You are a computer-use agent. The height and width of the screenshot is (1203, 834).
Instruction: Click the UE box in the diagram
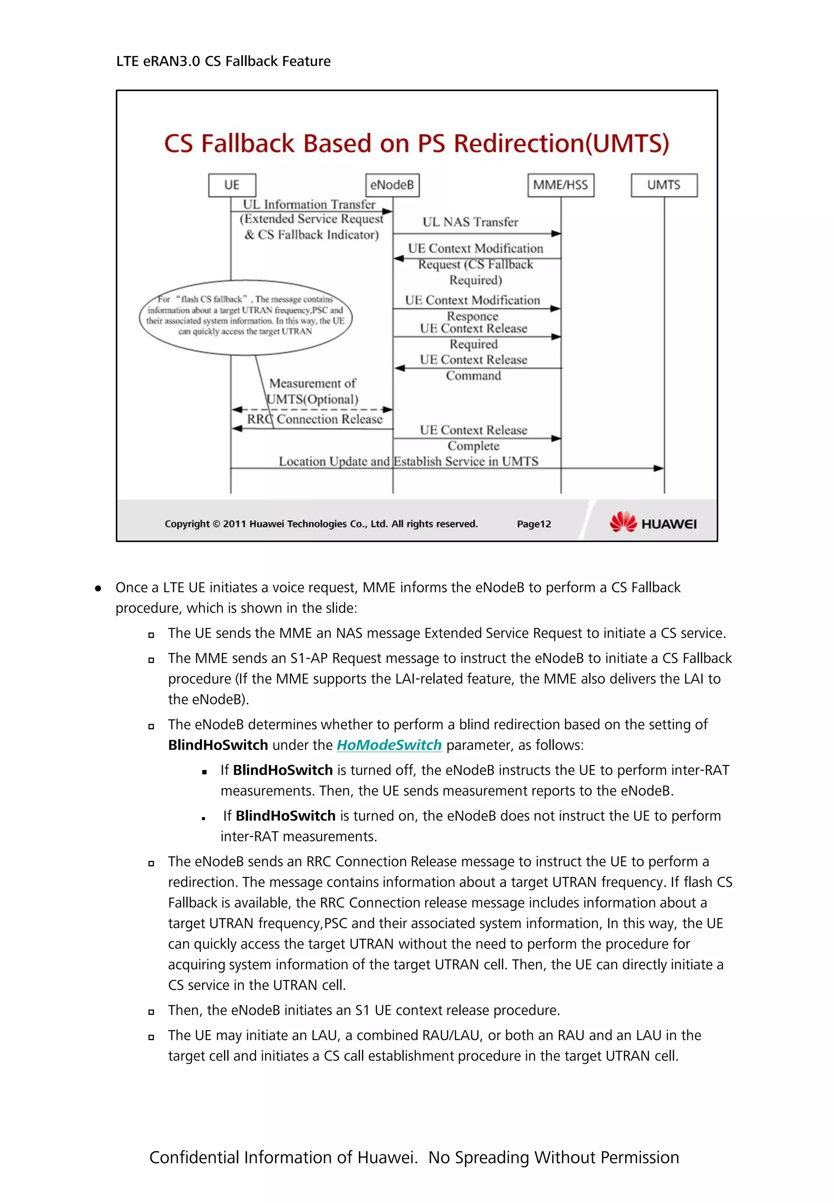[232, 185]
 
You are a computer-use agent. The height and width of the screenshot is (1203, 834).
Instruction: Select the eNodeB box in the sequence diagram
[392, 185]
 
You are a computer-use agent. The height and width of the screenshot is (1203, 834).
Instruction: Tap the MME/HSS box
[560, 185]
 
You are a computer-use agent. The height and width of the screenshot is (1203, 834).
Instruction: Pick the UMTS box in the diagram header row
[664, 185]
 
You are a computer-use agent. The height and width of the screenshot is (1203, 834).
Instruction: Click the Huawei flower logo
[623, 522]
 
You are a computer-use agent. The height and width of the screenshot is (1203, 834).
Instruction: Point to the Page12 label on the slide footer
[533, 524]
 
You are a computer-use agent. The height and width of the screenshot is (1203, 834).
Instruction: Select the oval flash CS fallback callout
[246, 317]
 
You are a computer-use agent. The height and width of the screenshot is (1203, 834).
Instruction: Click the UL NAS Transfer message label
[470, 222]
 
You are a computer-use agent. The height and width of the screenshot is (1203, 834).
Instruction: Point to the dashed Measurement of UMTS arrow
[312, 409]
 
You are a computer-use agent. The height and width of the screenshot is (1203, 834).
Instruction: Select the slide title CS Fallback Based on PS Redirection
[417, 143]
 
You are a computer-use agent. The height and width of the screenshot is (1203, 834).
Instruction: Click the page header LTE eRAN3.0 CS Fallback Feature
[223, 61]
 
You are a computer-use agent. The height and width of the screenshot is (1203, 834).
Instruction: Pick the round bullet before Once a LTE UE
[98, 588]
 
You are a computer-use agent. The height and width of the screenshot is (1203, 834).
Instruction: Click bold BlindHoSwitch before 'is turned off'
[283, 770]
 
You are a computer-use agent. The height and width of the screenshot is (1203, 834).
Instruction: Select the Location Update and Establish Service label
[408, 461]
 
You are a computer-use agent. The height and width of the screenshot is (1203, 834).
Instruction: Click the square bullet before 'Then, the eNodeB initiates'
[151, 1011]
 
